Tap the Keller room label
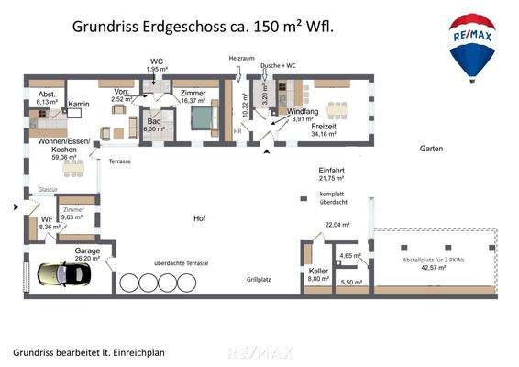pos(317,272)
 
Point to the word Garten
pos(432,148)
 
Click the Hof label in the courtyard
pos(199,218)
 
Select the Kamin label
pos(79,106)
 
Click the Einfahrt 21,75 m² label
pos(331,176)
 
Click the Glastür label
pos(48,190)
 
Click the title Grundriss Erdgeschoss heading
pos(202,28)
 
